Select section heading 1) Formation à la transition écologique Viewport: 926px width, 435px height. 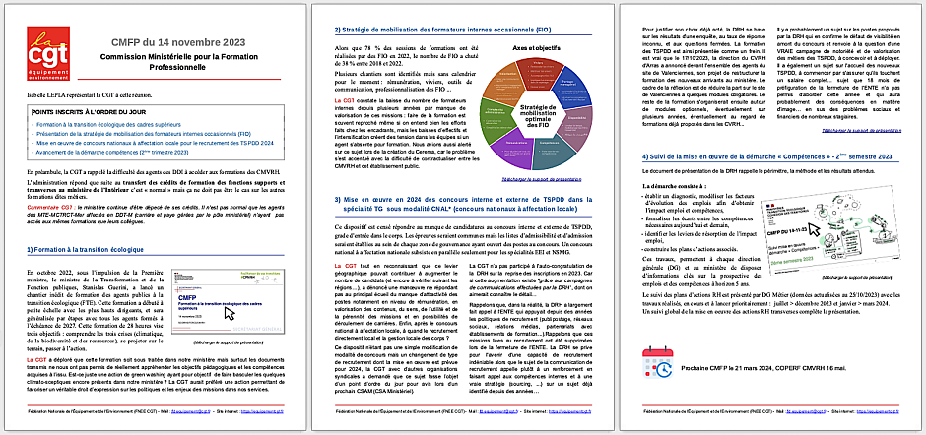pos(90,248)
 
